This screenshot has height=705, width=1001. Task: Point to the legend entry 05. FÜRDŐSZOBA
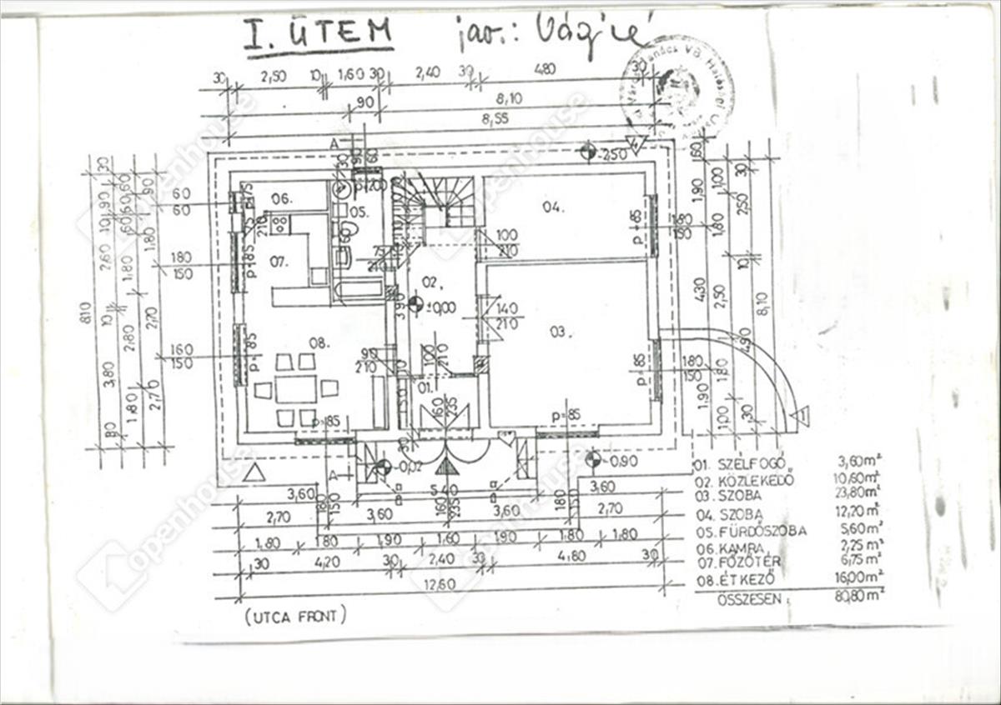(x=750, y=531)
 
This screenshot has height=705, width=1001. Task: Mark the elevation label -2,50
(x=613, y=154)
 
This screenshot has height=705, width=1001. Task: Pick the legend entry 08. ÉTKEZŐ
(x=736, y=577)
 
